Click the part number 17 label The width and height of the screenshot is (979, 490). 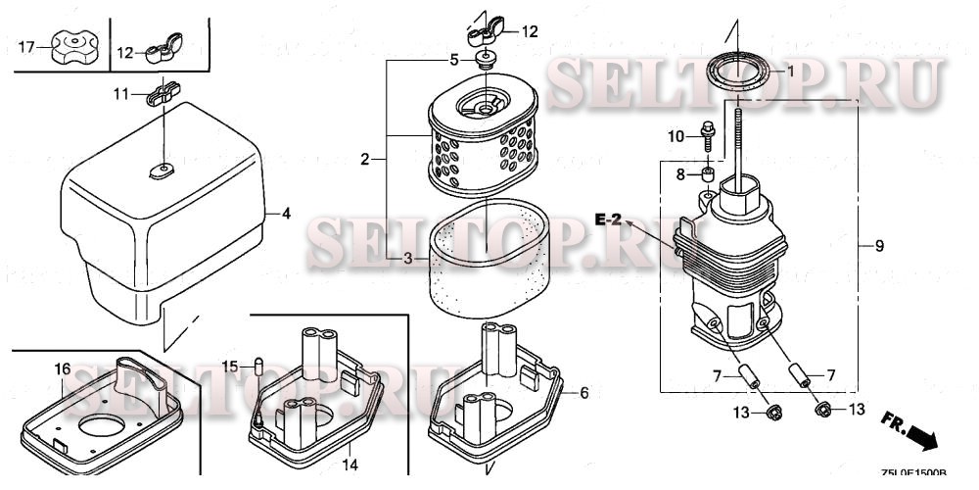(x=26, y=47)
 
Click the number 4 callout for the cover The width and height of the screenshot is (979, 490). (x=286, y=213)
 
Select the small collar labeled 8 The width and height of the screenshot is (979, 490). (x=705, y=175)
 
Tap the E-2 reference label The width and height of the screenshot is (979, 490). (x=608, y=220)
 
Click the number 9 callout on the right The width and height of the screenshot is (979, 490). (x=879, y=246)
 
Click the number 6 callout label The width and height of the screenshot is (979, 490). (x=584, y=393)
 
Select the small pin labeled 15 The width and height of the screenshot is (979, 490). (x=259, y=367)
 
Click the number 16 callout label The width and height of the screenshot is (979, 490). (x=62, y=368)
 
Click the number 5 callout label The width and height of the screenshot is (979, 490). (x=453, y=60)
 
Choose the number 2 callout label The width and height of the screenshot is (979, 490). (x=364, y=158)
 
